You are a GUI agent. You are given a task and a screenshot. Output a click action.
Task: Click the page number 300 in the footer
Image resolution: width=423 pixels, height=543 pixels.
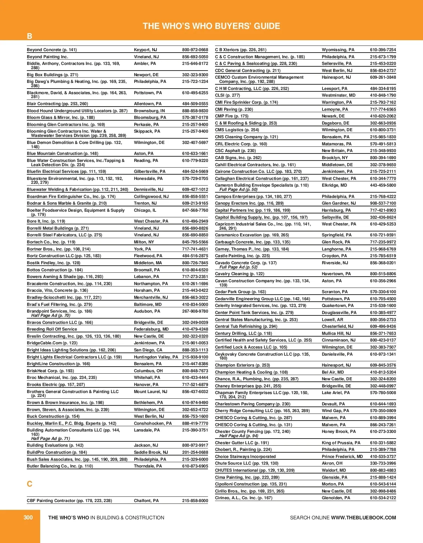(x=28, y=517)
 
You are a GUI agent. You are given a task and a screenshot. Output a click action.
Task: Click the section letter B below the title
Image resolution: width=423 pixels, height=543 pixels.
(x=30, y=36)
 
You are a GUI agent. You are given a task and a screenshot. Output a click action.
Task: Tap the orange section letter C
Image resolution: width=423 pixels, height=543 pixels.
(x=30, y=484)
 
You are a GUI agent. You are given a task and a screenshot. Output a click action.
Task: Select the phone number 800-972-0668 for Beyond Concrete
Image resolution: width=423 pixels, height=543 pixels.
(x=195, y=50)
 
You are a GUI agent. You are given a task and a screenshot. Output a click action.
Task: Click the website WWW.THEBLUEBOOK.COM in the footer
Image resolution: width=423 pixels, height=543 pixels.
(x=363, y=518)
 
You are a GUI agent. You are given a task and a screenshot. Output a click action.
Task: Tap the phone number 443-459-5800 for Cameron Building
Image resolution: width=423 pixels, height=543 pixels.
(x=383, y=185)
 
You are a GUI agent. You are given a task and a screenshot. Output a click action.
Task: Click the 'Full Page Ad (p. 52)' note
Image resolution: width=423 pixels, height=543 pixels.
(x=238, y=267)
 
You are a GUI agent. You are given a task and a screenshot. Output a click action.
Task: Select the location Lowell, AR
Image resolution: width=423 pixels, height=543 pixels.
(x=332, y=320)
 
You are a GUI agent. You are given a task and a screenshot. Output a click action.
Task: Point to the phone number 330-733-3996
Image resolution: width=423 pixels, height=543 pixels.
(x=383, y=463)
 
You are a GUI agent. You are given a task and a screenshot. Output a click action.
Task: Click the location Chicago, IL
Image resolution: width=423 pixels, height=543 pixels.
(x=145, y=210)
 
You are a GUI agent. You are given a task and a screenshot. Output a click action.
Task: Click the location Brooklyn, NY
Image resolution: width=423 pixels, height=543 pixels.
(x=335, y=158)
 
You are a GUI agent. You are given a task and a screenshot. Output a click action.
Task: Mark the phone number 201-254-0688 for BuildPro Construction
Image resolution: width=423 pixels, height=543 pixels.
(x=195, y=452)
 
